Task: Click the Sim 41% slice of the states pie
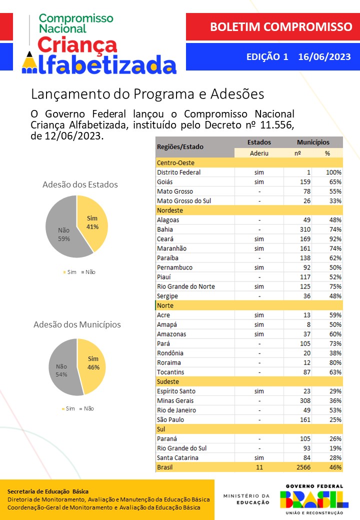click(91, 222)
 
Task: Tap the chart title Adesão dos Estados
click(80, 184)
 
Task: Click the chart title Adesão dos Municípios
click(77, 324)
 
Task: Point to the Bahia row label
click(165, 229)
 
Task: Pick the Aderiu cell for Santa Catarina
click(258, 457)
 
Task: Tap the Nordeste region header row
click(249, 210)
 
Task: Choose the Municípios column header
click(313, 142)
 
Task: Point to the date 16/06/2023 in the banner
click(324, 57)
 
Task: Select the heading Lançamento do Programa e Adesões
click(147, 94)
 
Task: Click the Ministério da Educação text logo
click(246, 499)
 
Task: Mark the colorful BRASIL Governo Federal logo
click(314, 498)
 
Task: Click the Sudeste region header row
click(249, 381)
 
